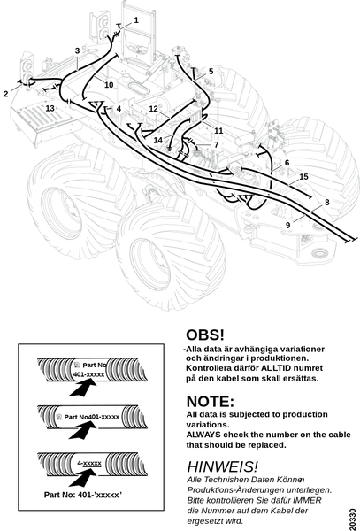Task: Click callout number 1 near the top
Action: (136, 20)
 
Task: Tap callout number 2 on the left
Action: (6, 94)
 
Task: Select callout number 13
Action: (50, 108)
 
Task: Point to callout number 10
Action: (109, 85)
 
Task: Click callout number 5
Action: (211, 72)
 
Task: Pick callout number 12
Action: (154, 109)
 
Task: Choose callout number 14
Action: (158, 140)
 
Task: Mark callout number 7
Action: (217, 145)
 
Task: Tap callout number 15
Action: (304, 177)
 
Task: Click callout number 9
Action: (288, 225)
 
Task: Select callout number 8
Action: (327, 203)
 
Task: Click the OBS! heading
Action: (205, 335)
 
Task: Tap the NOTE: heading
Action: (211, 402)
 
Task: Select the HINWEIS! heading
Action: (223, 466)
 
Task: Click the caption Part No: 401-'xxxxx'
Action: (83, 495)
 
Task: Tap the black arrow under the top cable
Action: (83, 387)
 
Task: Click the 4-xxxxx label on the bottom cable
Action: (89, 463)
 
